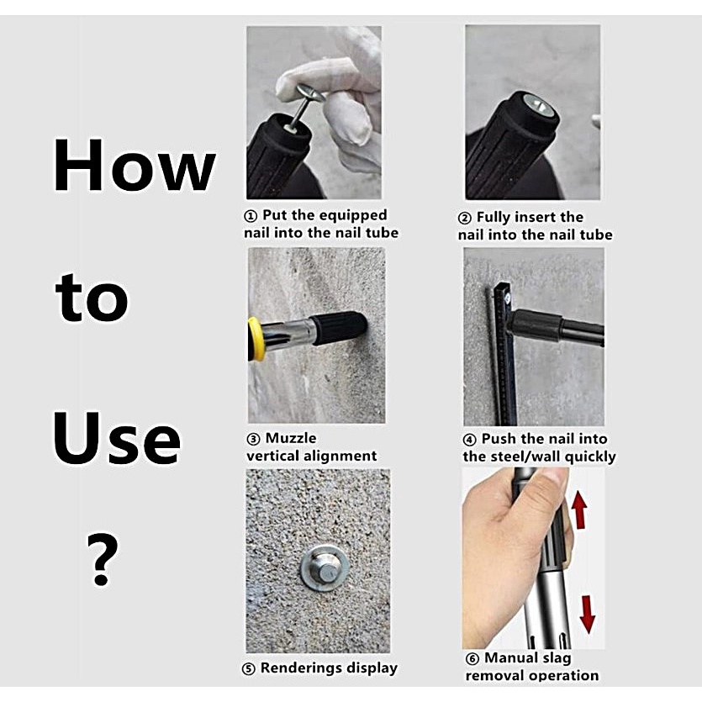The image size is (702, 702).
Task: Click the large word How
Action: (135, 165)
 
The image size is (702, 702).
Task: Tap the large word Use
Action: (117, 438)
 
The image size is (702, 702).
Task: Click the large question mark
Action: (102, 559)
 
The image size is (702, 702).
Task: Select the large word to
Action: (92, 297)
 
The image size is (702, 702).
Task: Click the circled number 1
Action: (251, 216)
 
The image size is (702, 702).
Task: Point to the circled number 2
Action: (465, 218)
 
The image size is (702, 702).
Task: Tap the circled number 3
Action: (253, 439)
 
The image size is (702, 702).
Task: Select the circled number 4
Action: (470, 440)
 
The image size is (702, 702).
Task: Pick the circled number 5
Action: (249, 669)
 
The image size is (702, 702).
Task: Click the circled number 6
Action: (472, 658)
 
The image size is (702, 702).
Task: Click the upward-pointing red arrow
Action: (579, 509)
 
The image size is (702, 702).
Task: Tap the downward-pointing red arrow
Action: (588, 615)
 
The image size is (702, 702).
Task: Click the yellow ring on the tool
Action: (256, 339)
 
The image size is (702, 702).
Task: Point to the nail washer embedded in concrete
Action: (325, 567)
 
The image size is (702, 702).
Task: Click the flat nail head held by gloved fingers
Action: (310, 93)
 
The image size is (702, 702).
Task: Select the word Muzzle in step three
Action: (291, 438)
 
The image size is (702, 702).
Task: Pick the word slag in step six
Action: (557, 658)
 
